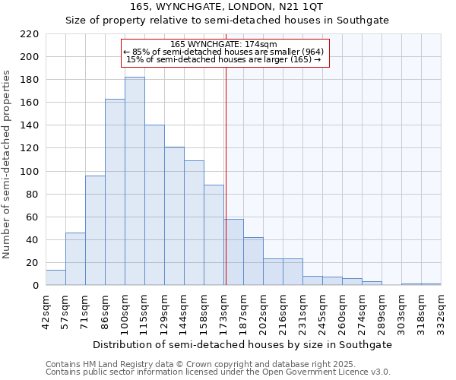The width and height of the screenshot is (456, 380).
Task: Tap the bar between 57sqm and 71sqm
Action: pos(75,259)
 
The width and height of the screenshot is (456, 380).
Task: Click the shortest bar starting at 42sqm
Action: pos(55,277)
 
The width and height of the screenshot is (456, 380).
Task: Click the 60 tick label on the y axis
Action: pos(31,217)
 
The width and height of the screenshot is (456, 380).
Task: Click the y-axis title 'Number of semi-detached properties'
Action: pos(8,164)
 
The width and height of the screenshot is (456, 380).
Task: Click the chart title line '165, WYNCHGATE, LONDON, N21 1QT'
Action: pos(227,7)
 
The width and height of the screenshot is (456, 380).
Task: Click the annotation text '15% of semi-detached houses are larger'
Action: pos(218,59)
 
